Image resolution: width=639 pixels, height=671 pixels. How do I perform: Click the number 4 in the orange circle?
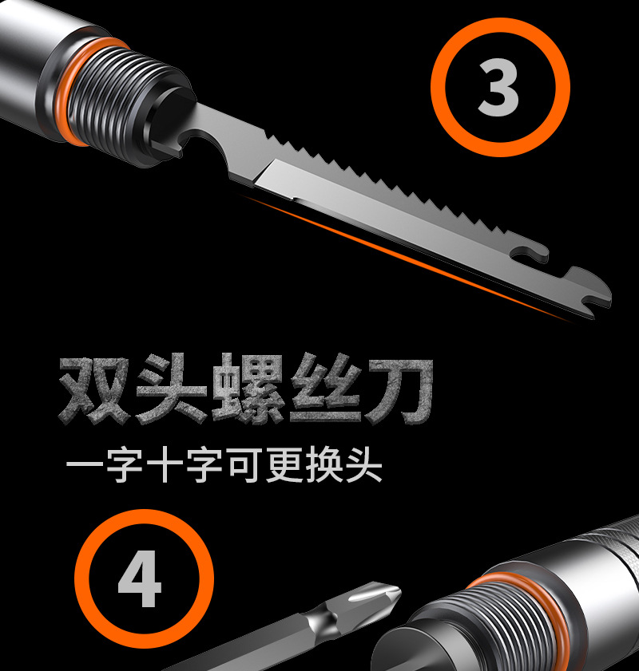coord(141,579)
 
